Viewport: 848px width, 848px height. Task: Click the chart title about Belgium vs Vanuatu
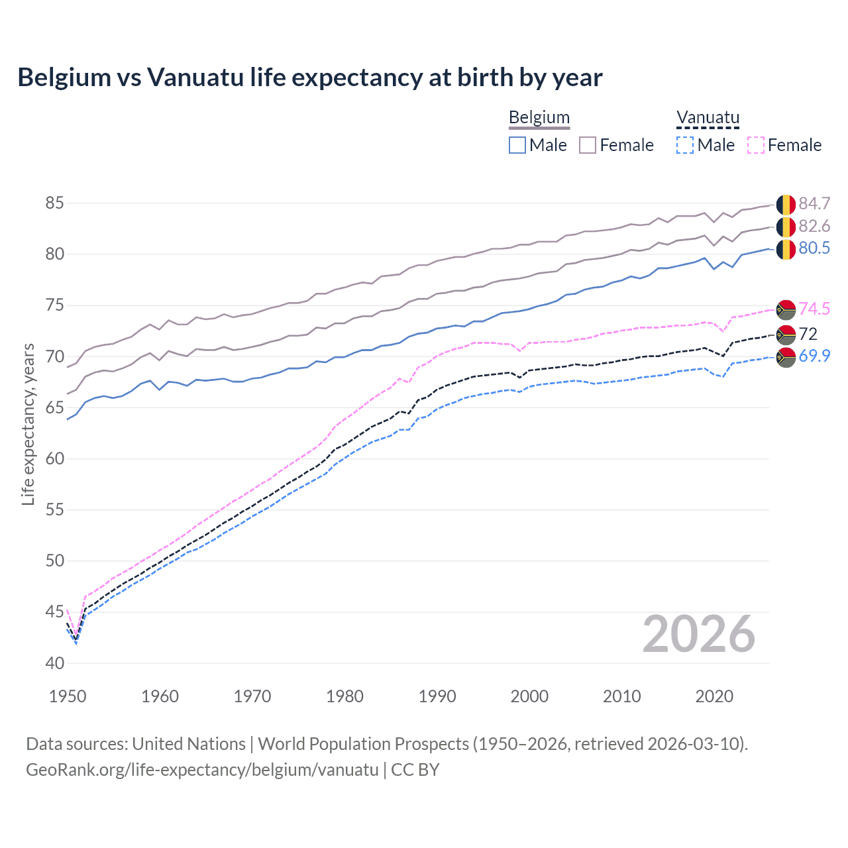pyautogui.click(x=310, y=78)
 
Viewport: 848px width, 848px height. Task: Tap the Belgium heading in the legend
pyautogui.click(x=539, y=117)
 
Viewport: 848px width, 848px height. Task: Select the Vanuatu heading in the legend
pyautogui.click(x=708, y=117)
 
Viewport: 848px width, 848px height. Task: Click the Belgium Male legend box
pyautogui.click(x=517, y=145)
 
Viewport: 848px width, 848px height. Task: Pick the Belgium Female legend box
pyautogui.click(x=588, y=145)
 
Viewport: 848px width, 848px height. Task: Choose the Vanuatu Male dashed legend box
pyautogui.click(x=685, y=145)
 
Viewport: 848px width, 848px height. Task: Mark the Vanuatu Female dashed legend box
pyautogui.click(x=755, y=145)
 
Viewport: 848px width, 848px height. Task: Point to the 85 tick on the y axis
pyautogui.click(x=54, y=203)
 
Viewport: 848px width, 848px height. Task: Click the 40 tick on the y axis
pyautogui.click(x=54, y=663)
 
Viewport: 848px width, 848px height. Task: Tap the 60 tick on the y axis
pyautogui.click(x=54, y=459)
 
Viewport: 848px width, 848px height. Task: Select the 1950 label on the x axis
pyautogui.click(x=68, y=696)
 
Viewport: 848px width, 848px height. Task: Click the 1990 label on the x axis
pyautogui.click(x=437, y=696)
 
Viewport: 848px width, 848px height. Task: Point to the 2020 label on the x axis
pyautogui.click(x=714, y=696)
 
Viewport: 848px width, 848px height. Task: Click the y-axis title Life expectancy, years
pyautogui.click(x=28, y=424)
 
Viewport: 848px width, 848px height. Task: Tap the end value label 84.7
pyautogui.click(x=814, y=204)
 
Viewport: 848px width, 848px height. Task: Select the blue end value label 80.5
pyautogui.click(x=814, y=248)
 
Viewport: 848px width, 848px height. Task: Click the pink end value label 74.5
pyautogui.click(x=814, y=309)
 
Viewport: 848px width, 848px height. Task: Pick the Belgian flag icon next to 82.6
pyautogui.click(x=786, y=227)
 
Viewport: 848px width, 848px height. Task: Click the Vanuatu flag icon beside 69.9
pyautogui.click(x=786, y=356)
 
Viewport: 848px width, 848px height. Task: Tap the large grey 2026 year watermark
pyautogui.click(x=698, y=634)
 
